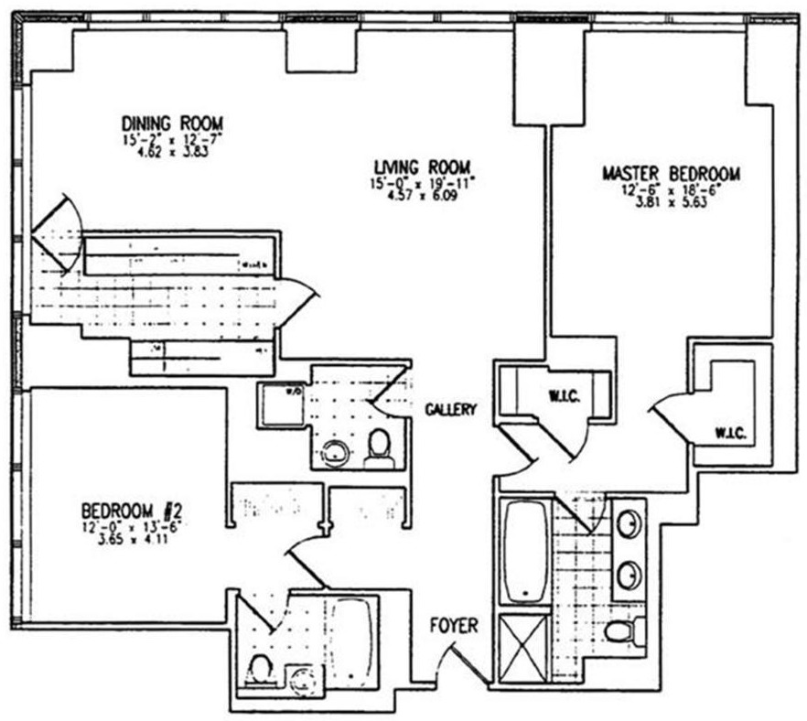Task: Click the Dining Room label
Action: tap(173, 123)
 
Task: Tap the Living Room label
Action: tap(422, 167)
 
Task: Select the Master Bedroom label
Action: tap(671, 173)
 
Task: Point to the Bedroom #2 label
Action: tap(135, 510)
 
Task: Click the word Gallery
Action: tap(450, 410)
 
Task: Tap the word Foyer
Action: tap(454, 627)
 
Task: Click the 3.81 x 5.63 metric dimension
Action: tap(671, 205)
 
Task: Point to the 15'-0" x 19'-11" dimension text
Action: tap(422, 184)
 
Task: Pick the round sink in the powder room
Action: tap(338, 451)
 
